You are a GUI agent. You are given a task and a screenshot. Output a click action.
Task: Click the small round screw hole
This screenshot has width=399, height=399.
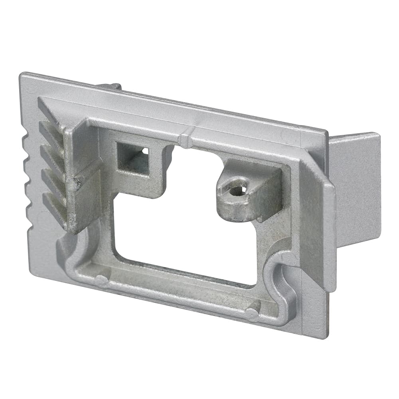coord(237,191)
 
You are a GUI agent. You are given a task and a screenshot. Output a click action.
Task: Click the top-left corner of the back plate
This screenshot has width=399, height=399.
coord(22,75)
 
